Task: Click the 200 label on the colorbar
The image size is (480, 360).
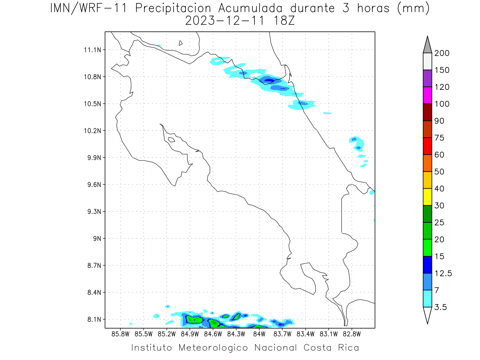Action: [442, 53]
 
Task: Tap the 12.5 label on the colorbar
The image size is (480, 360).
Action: [443, 273]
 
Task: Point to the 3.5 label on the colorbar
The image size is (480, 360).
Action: [441, 307]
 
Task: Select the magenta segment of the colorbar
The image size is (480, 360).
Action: [427, 95]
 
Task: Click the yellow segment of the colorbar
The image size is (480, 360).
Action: [427, 197]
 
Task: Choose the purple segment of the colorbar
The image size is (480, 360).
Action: [427, 78]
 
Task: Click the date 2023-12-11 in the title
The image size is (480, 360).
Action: [225, 21]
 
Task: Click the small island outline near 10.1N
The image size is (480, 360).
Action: [171, 140]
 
